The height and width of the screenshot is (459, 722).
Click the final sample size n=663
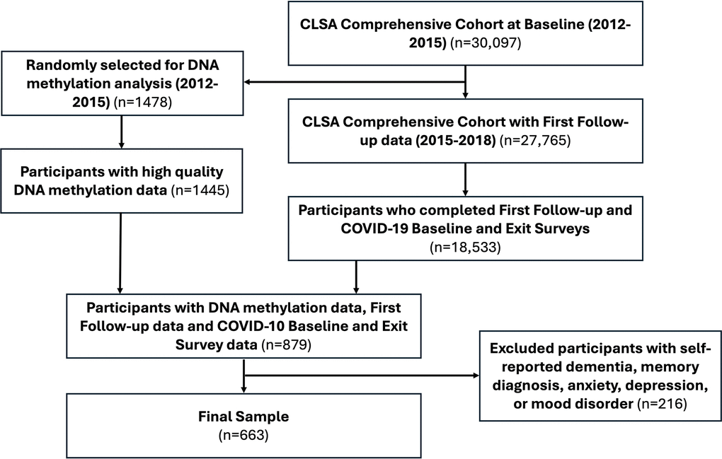pyautogui.click(x=243, y=435)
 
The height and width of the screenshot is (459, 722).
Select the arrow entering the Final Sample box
pyautogui.click(x=243, y=387)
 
